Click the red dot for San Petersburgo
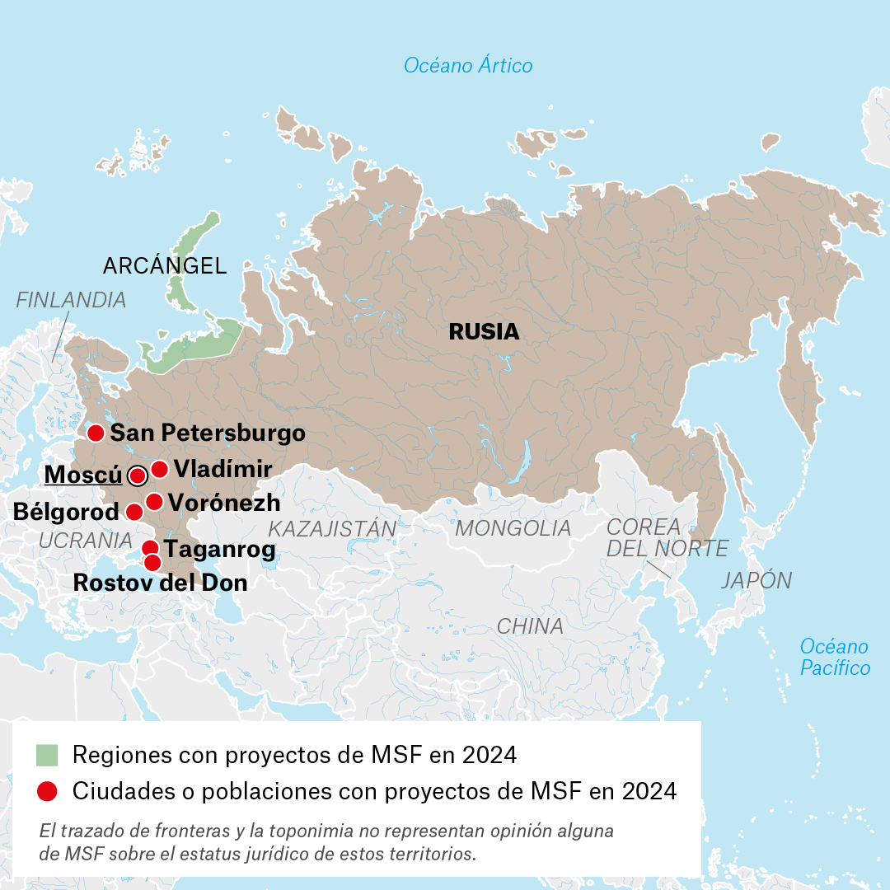tap(96, 433)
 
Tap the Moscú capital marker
tap(138, 475)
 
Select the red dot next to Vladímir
tap(160, 470)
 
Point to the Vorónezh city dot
tap(154, 502)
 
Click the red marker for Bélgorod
tap(133, 513)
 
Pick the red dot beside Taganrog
tap(150, 549)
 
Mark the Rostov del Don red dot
tap(152, 563)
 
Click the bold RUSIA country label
tap(484, 332)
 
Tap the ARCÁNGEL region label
tap(164, 266)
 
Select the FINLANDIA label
tap(71, 300)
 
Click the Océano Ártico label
tap(468, 65)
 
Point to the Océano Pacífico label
tap(835, 657)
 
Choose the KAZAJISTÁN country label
tap(332, 528)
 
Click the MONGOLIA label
tap(513, 528)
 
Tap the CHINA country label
tap(530, 626)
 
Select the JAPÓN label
tap(756, 580)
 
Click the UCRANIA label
tap(85, 541)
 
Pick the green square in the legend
tap(48, 755)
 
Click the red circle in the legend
tap(48, 791)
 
